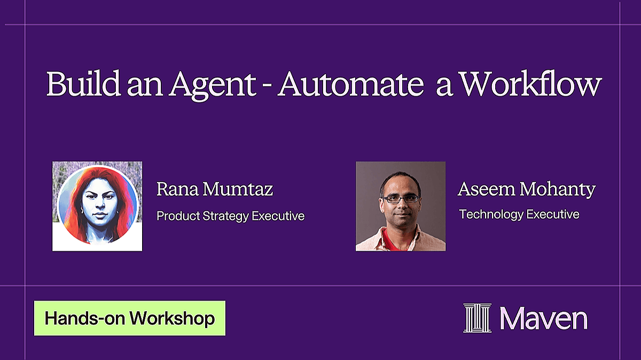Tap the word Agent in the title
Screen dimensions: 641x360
[213, 85]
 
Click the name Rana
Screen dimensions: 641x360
[177, 189]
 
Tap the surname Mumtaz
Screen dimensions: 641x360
[238, 189]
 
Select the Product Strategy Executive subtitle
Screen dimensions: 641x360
[230, 216]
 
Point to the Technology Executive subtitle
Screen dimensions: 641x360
[519, 215]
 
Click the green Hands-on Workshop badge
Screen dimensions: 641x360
[130, 318]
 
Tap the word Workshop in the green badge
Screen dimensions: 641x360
[172, 318]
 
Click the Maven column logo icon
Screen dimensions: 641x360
[478, 318]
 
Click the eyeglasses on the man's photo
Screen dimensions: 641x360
[401, 199]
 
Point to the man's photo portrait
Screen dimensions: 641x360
[401, 206]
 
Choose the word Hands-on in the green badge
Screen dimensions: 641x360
[85, 318]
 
